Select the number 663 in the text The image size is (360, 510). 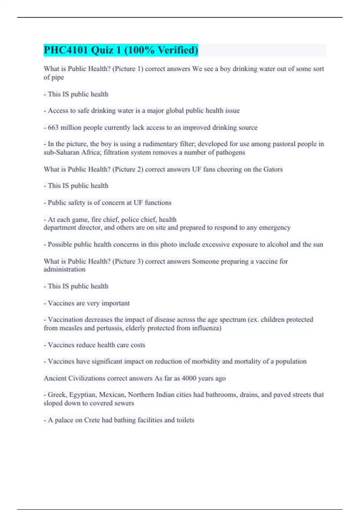[53, 127]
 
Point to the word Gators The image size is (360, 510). [273, 169]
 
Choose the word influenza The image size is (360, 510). [207, 328]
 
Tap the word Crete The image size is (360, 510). [92, 420]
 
